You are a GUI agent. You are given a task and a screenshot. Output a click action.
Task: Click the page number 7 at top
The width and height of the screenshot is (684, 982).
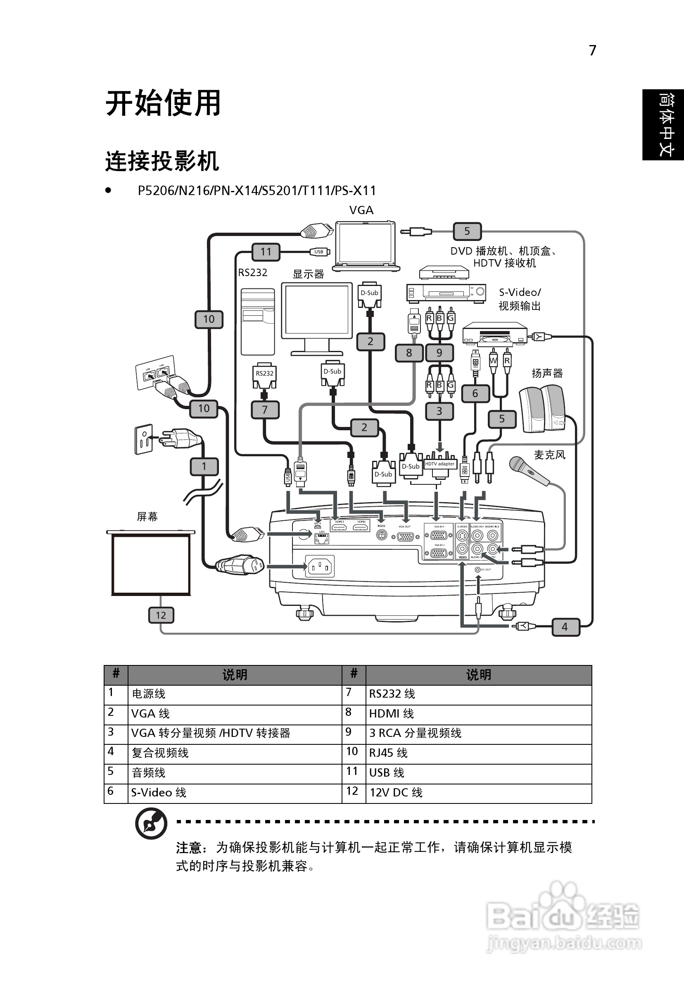[593, 50]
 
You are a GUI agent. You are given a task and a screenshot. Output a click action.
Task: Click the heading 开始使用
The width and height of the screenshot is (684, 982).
[163, 103]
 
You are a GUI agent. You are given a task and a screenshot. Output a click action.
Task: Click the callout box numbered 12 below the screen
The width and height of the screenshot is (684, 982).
[161, 615]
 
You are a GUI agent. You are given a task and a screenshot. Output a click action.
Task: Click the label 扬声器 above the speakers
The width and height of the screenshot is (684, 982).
[547, 373]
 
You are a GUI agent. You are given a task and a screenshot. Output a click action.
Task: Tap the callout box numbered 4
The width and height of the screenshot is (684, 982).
[565, 627]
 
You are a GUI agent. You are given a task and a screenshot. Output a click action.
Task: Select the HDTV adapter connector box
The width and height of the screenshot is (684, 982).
[440, 464]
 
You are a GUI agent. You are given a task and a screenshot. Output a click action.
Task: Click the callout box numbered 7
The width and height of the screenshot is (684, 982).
[265, 410]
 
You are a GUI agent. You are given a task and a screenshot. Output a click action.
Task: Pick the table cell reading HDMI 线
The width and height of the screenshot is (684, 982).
[478, 713]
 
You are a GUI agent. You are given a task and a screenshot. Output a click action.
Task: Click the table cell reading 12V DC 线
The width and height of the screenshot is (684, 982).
[478, 793]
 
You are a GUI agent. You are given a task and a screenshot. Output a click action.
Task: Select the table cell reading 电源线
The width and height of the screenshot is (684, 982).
[234, 694]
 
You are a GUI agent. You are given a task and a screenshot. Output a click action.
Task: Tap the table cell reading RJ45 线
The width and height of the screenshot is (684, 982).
[478, 753]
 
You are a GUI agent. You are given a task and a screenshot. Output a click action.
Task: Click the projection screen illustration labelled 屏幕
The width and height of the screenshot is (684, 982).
[151, 564]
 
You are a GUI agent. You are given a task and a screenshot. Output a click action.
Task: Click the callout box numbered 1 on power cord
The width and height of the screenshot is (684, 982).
[204, 466]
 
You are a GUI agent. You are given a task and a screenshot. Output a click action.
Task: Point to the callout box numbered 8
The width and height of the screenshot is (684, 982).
[409, 353]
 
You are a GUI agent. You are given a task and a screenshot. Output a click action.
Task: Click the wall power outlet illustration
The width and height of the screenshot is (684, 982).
[144, 439]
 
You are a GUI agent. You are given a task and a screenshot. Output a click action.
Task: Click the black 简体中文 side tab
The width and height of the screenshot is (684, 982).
[663, 125]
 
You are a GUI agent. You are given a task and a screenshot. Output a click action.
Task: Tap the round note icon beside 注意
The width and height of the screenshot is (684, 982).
[151, 824]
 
